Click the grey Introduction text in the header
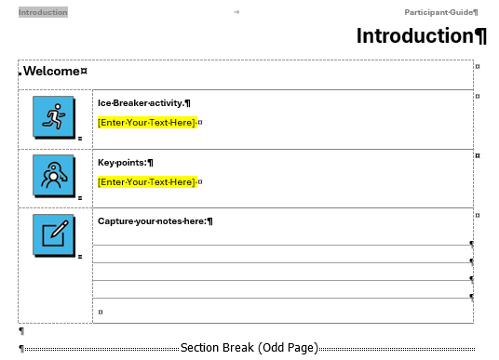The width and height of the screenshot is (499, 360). click(43, 12)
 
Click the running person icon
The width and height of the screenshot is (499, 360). click(53, 116)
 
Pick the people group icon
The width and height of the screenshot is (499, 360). click(53, 175)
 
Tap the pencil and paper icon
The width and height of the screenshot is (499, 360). click(53, 233)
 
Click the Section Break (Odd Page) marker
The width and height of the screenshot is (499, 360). click(249, 348)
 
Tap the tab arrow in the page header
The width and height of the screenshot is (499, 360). click(236, 12)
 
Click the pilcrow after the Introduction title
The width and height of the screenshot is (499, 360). click(480, 36)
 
